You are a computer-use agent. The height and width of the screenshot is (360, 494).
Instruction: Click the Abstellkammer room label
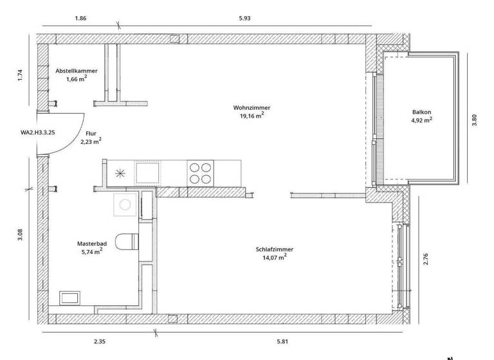77,71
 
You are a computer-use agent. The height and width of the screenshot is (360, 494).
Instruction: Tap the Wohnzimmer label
251,107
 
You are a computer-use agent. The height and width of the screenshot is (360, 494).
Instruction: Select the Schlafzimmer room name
273,249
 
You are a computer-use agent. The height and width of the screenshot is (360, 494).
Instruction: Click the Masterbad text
89,244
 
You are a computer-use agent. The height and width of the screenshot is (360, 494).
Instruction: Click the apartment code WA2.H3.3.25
37,132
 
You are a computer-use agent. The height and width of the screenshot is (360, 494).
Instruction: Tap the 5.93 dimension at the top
244,18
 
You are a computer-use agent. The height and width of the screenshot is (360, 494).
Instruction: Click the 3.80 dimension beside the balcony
475,120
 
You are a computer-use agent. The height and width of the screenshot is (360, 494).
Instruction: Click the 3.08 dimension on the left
21,235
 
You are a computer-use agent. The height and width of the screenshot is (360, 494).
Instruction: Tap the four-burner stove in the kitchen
200,172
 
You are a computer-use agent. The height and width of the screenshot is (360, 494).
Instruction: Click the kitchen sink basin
148,172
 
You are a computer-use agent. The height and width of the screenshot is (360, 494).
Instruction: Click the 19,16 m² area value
251,116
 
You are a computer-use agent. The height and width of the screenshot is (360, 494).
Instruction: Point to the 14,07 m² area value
273,257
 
